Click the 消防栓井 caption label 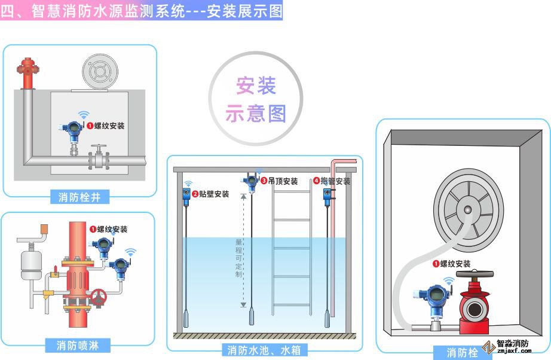pos(79,197)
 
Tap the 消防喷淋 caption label pos(78,345)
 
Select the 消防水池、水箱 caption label pos(264,349)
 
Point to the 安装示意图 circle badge pos(256,99)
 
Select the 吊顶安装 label pos(282,181)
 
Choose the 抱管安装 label pos(335,181)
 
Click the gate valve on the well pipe pos(99,158)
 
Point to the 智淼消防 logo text pos(512,344)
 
